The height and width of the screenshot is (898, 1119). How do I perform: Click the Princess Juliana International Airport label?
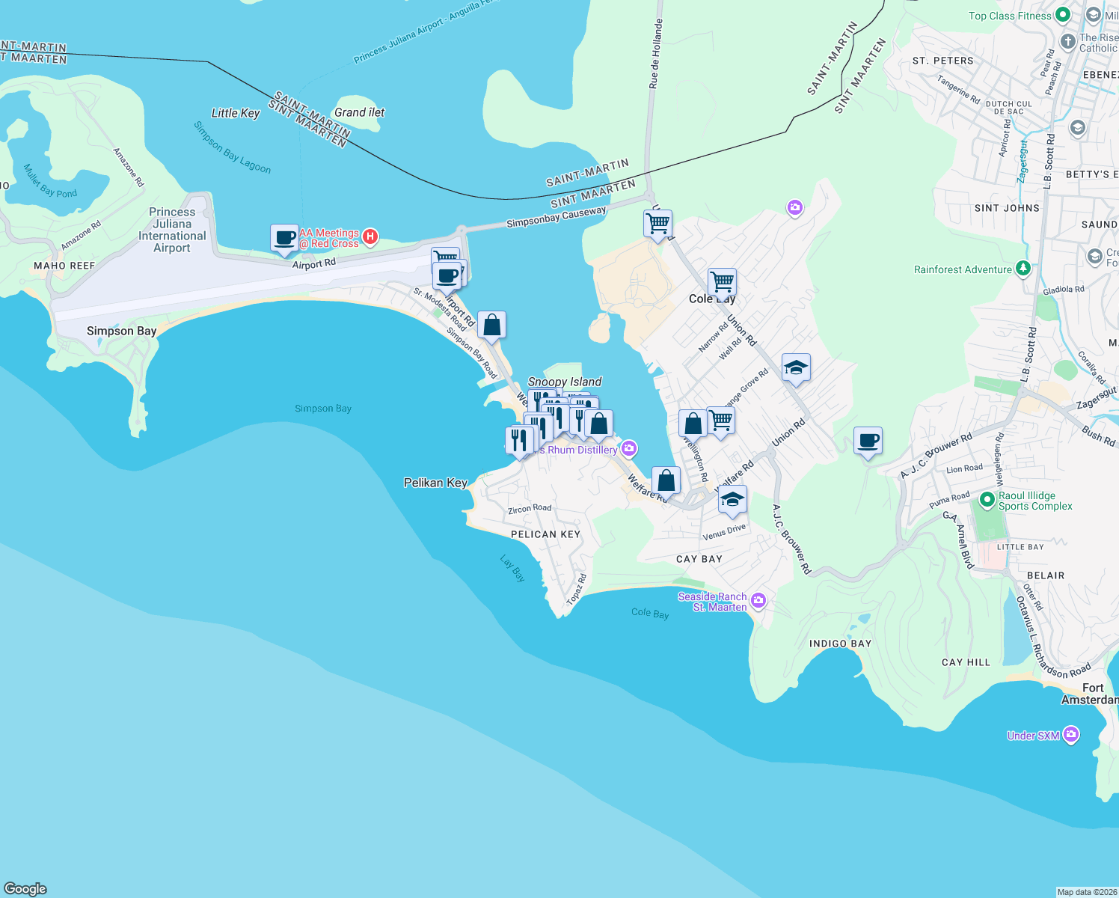(x=172, y=230)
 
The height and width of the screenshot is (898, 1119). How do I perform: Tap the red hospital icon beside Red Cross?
(x=370, y=237)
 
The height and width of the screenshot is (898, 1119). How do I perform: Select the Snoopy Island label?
(x=565, y=382)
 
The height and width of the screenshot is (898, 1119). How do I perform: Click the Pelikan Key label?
(x=435, y=483)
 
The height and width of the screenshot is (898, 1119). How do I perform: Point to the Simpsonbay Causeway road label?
(x=556, y=217)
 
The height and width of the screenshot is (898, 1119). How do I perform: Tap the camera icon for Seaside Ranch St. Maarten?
(x=758, y=600)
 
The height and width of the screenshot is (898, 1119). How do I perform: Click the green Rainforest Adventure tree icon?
(x=1023, y=269)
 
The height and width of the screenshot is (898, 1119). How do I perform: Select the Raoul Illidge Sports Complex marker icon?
(x=987, y=499)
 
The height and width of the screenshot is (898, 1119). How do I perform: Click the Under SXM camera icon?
(x=1071, y=735)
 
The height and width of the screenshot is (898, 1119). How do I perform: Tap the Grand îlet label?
(x=359, y=112)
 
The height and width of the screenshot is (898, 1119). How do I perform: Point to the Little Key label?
(x=236, y=113)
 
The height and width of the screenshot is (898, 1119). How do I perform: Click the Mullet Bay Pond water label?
(x=50, y=181)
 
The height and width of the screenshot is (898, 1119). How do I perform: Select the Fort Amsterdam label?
(x=1091, y=694)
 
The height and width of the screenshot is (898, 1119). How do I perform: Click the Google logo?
(x=25, y=888)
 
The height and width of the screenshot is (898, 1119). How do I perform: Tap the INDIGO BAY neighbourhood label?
(x=840, y=644)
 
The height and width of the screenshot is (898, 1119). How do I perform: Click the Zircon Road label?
(x=530, y=509)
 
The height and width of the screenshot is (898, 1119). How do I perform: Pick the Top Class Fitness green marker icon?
(x=1062, y=15)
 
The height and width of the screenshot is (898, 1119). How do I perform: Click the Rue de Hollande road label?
(x=655, y=54)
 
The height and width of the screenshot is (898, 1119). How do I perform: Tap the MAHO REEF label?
(x=64, y=266)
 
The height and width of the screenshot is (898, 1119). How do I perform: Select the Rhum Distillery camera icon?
(x=629, y=448)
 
